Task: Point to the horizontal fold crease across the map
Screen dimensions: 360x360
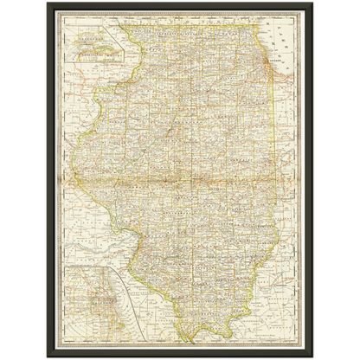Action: (x=180, y=180)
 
